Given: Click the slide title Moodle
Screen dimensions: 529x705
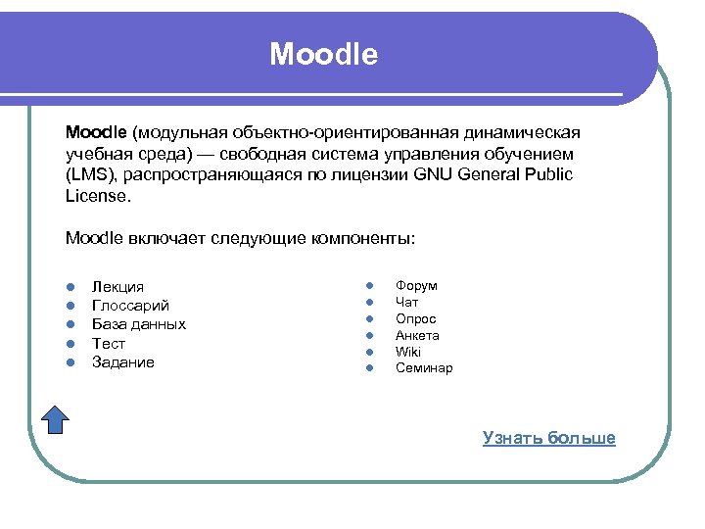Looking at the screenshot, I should click(323, 54).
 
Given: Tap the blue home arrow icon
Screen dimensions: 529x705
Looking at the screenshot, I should click(57, 418).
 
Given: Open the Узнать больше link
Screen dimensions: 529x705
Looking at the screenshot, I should click(548, 438).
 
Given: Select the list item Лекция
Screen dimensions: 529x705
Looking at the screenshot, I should click(117, 286).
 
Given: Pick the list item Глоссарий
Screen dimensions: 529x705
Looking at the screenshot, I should click(130, 306).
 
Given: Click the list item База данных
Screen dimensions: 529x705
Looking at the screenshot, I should click(138, 324).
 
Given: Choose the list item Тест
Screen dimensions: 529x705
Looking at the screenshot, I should click(109, 343).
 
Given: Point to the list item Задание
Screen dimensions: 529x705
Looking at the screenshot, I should click(122, 362).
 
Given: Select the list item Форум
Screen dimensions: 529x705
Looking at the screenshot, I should click(416, 285).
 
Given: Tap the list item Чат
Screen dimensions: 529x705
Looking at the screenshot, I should click(406, 302).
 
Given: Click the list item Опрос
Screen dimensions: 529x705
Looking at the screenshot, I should click(415, 318).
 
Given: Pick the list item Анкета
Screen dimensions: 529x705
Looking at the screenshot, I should click(417, 335).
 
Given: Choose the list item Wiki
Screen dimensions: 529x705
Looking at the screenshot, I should click(407, 352).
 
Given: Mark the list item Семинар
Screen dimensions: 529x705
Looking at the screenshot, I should click(424, 368).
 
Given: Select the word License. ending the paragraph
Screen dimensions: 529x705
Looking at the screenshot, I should click(97, 195).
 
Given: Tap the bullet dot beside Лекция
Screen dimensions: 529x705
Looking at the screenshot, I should click(71, 287).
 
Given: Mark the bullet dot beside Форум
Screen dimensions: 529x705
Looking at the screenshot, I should click(371, 285).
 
